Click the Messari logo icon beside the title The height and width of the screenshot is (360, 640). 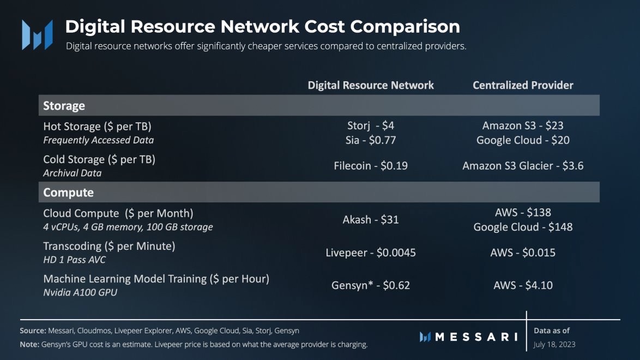click(37, 35)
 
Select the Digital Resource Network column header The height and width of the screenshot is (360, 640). click(371, 85)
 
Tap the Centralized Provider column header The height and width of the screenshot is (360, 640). click(523, 85)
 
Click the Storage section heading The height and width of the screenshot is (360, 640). click(64, 105)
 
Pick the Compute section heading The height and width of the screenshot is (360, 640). click(69, 192)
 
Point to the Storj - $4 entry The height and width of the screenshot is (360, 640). click(371, 125)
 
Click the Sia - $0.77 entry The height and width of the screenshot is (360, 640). click(371, 140)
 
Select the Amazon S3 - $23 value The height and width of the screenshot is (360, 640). click(523, 125)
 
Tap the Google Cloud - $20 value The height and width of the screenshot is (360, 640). click(523, 140)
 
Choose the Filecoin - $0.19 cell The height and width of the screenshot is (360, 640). click(371, 165)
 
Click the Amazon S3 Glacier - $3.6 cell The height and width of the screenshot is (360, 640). click(523, 165)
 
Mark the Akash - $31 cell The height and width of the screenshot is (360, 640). click(371, 220)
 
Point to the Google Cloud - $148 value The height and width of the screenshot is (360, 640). click(523, 227)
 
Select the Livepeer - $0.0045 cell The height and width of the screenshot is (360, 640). click(371, 253)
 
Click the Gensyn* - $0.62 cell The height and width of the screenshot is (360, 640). click(371, 285)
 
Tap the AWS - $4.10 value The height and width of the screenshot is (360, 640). click(523, 285)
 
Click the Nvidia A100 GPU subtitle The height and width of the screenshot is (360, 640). click(80, 292)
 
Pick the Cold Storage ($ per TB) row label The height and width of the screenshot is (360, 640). click(99, 159)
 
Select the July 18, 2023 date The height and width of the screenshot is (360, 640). click(554, 344)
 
